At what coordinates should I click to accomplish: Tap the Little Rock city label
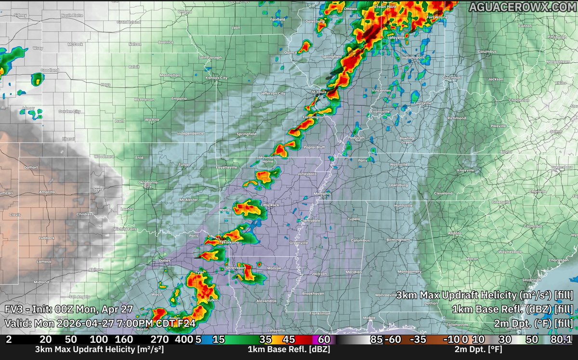[x=270, y=205]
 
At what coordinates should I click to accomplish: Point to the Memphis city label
[x=322, y=194]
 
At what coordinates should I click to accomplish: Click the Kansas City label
[x=216, y=78]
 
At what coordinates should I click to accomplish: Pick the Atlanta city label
[x=454, y=233]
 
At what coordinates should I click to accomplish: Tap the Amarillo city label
[x=47, y=192]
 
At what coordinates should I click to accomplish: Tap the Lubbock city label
[x=47, y=238]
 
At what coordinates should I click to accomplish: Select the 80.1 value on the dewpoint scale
[x=562, y=340]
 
